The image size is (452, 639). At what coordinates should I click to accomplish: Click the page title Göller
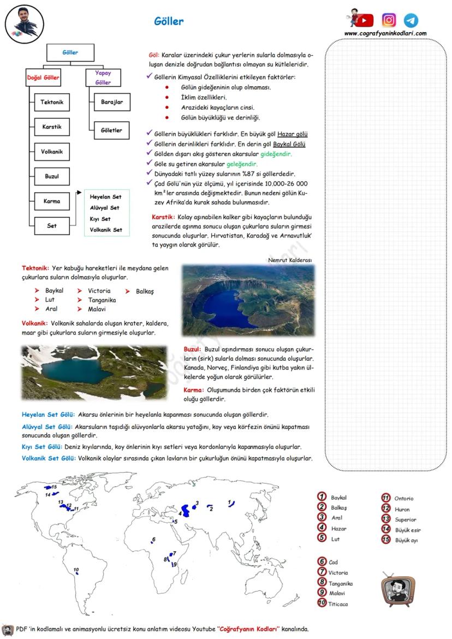[x=169, y=22]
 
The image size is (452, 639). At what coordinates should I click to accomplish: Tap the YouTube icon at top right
[x=364, y=20]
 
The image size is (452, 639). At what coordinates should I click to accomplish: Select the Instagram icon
[x=389, y=20]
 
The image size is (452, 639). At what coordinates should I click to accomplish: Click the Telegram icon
[x=411, y=21]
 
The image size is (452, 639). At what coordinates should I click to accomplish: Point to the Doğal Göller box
[x=44, y=77]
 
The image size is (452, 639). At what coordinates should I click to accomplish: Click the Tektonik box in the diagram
[x=52, y=102]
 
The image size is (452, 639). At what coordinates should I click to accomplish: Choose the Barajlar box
[x=112, y=102]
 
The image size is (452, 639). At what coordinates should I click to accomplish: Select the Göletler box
[x=112, y=130]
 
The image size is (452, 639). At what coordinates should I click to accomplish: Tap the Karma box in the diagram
[x=52, y=201]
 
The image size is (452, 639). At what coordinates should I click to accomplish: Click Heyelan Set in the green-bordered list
[x=105, y=196]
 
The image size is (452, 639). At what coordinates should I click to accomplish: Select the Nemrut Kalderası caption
[x=290, y=260]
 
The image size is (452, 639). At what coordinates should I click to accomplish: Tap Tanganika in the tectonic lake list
[x=102, y=300]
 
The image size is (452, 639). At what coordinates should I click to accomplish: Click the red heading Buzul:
[x=193, y=349]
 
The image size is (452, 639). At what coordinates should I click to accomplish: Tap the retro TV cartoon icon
[x=397, y=589]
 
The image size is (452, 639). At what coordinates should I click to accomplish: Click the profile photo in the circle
[x=24, y=25]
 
